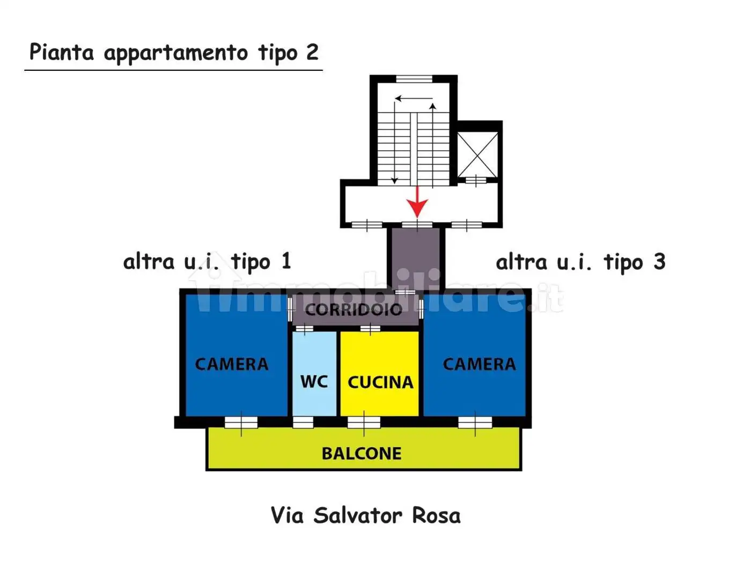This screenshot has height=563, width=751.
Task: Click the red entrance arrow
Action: [x=417, y=202]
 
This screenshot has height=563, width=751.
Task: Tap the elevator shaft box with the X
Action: [x=477, y=154]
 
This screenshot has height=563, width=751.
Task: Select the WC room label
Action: [x=314, y=381]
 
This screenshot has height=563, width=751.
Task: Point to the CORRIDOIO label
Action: [x=354, y=309]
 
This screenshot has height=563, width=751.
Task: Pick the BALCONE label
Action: [x=361, y=454]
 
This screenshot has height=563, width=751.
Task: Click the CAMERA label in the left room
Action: [x=231, y=364]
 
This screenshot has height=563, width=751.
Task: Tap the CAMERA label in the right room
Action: [x=479, y=364]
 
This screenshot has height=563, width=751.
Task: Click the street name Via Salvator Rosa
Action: [x=365, y=515]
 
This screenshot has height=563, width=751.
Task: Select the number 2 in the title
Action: [x=312, y=52]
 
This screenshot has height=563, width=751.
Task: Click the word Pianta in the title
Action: [x=61, y=52]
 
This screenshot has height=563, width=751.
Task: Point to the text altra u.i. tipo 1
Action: [x=207, y=262]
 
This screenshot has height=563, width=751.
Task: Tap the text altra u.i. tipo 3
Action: [x=580, y=262]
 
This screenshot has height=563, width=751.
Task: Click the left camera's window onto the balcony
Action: [x=241, y=423]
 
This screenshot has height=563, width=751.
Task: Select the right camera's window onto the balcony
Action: [x=475, y=423]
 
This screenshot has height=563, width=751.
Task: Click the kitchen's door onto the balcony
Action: [x=364, y=423]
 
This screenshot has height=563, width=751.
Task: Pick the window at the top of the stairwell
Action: [x=414, y=79]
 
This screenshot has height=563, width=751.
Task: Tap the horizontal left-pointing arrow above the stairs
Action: [x=414, y=99]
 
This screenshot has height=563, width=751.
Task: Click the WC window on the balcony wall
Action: [x=303, y=423]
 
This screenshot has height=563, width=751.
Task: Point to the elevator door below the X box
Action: [x=475, y=181]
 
